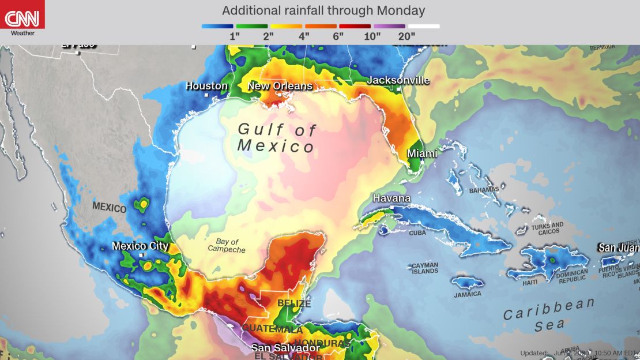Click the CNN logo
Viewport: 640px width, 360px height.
22,17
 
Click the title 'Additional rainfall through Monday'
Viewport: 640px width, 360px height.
323,10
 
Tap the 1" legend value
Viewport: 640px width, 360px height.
235,36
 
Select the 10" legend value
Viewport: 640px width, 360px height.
372,36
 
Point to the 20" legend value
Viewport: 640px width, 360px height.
406,36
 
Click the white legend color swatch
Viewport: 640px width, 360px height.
424,26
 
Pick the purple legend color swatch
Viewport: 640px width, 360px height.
389,26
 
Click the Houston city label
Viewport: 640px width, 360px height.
206,86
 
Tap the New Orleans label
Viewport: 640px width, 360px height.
280,87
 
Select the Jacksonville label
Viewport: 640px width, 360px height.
398,80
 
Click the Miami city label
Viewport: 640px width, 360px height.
421,153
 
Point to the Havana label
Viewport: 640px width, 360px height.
391,198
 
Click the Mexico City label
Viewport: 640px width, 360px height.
140,246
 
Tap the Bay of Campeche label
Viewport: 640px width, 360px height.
227,246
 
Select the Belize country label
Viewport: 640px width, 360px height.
294,303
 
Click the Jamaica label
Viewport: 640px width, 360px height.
467,294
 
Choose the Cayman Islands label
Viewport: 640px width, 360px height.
425,268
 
